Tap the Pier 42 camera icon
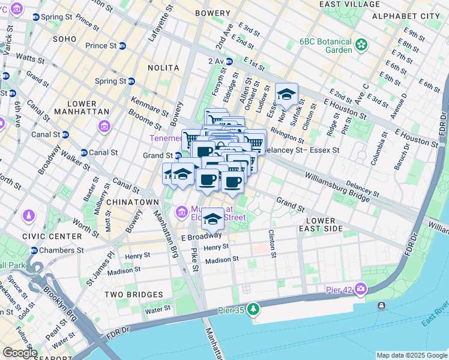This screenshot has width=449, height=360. click(360, 289)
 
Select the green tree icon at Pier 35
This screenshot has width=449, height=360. click(254, 308)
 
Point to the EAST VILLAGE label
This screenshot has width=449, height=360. click(349, 4)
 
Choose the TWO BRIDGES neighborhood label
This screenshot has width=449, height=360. click(133, 295)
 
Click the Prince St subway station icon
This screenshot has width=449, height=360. click(122, 46)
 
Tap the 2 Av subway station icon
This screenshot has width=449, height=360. click(228, 61)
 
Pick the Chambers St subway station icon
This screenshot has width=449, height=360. click(34, 250)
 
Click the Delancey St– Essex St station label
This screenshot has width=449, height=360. click(302, 150)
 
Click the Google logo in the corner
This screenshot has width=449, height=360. click(19, 353)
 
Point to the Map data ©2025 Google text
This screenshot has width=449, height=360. click(412, 355)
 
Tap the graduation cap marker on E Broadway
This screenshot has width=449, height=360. click(212, 220)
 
